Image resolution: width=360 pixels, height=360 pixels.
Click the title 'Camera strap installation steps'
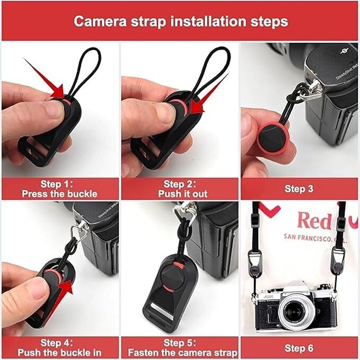[x=180, y=21]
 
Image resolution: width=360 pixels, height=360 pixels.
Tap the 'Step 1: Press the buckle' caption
[x=59, y=189]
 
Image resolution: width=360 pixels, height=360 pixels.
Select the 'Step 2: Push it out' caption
[x=180, y=189]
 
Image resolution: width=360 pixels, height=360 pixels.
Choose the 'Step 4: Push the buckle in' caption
[x=59, y=347]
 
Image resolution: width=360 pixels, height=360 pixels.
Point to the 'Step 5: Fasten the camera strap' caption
[x=180, y=347]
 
